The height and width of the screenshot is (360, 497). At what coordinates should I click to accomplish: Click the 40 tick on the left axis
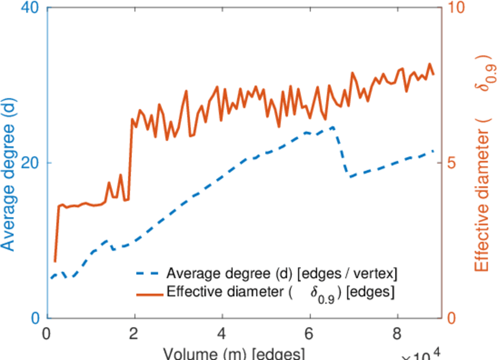(30, 8)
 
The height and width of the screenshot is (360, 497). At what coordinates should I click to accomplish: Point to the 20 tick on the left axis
(30, 163)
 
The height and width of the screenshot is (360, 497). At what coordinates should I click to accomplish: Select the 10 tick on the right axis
(456, 8)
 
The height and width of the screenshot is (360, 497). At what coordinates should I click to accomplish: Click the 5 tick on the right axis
(452, 163)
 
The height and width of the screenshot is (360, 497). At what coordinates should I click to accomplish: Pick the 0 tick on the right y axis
(452, 317)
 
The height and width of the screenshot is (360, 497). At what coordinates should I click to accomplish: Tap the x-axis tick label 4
(222, 333)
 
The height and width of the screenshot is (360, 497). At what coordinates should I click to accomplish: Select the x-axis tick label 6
(310, 333)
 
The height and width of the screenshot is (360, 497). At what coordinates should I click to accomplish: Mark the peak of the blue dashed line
(332, 127)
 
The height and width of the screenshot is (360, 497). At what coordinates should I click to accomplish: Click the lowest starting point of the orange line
(55, 262)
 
